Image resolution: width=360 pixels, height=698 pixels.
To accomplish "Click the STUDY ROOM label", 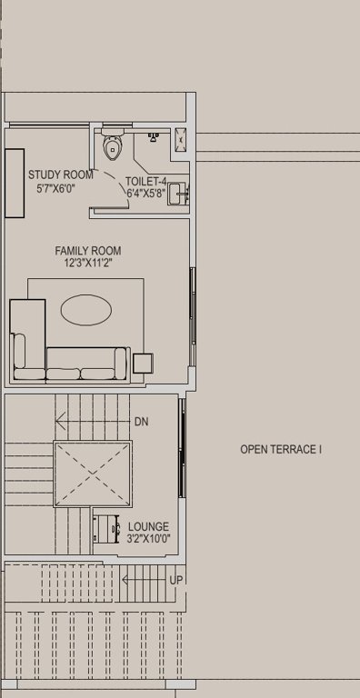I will (60, 175).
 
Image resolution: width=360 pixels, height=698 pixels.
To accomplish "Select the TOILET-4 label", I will (145, 181).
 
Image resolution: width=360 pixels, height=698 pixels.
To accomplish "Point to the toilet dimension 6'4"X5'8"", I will (145, 194).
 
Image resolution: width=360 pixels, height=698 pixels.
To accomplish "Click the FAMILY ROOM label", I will (88, 251).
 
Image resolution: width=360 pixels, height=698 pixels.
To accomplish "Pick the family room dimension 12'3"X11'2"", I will (88, 264).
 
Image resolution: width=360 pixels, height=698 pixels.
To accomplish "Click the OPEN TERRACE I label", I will (281, 449).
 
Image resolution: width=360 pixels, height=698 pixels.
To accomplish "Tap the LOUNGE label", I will (148, 527).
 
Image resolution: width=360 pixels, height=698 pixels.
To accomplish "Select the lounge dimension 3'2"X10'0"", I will (148, 540).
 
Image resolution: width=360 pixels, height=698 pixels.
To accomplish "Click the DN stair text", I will (141, 422).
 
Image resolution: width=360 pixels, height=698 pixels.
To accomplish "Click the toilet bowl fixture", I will (113, 146).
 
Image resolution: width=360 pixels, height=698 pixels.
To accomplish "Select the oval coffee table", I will (87, 311).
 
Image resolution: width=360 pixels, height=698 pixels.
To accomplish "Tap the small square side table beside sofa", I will (144, 364).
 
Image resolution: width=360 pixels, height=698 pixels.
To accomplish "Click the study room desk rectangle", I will (15, 183).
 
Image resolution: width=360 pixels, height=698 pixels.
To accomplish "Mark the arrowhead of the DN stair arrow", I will (58, 422).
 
